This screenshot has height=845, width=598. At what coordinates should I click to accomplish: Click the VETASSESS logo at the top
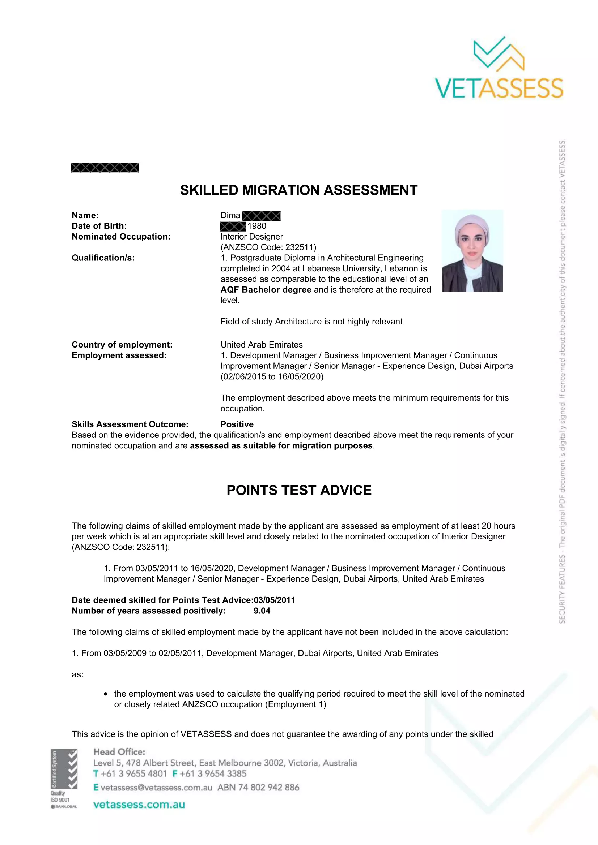coord(499,68)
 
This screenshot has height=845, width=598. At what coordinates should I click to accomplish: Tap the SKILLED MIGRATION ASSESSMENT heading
coord(298,190)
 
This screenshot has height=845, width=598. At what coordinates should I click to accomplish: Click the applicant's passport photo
coord(472,251)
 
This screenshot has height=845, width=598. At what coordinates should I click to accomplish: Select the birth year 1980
coord(257,226)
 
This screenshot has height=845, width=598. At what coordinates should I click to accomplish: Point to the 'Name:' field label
coord(85,215)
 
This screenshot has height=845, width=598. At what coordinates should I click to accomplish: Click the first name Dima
coord(230,215)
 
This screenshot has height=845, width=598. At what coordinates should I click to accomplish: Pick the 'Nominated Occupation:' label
coord(121,237)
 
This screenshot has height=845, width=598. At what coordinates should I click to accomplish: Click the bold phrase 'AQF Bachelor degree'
coord(266,290)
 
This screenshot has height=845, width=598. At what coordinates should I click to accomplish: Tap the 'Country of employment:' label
coord(122,345)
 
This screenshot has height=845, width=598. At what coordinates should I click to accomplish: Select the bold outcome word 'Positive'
coord(237,424)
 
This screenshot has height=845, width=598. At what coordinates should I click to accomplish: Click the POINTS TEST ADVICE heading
coord(299,490)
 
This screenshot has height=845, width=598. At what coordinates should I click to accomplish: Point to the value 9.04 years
coord(262,611)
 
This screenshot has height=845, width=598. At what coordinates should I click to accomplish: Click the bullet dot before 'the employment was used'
coord(106,694)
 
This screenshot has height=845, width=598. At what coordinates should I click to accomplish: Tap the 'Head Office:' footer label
coord(119,751)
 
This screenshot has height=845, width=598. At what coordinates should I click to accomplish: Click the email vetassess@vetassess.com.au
coord(156,787)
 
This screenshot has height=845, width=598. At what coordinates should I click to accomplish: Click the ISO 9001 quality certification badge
coord(64,779)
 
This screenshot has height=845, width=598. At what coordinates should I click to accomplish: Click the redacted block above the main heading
coord(105,168)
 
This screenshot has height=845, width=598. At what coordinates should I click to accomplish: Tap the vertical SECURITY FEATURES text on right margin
coord(562,381)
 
